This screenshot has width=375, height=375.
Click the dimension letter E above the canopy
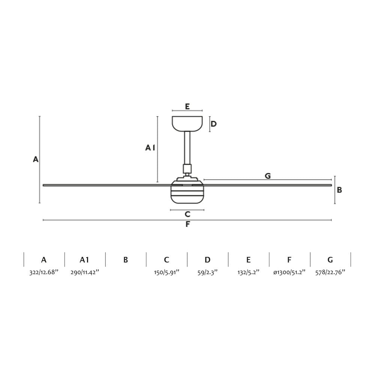click(187, 106)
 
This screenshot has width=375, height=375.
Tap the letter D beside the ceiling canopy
click(214, 124)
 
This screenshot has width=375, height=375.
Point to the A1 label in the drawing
click(150, 148)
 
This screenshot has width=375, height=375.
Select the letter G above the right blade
click(268, 176)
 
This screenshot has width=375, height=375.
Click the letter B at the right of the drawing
click(339, 190)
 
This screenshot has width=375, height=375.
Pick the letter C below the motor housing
click(187, 214)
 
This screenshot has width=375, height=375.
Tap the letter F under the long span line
click(188, 224)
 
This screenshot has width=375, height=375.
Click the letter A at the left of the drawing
click(36, 159)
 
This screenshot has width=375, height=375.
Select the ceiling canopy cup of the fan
click(187, 124)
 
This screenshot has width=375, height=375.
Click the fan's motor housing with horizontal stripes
click(187, 191)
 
